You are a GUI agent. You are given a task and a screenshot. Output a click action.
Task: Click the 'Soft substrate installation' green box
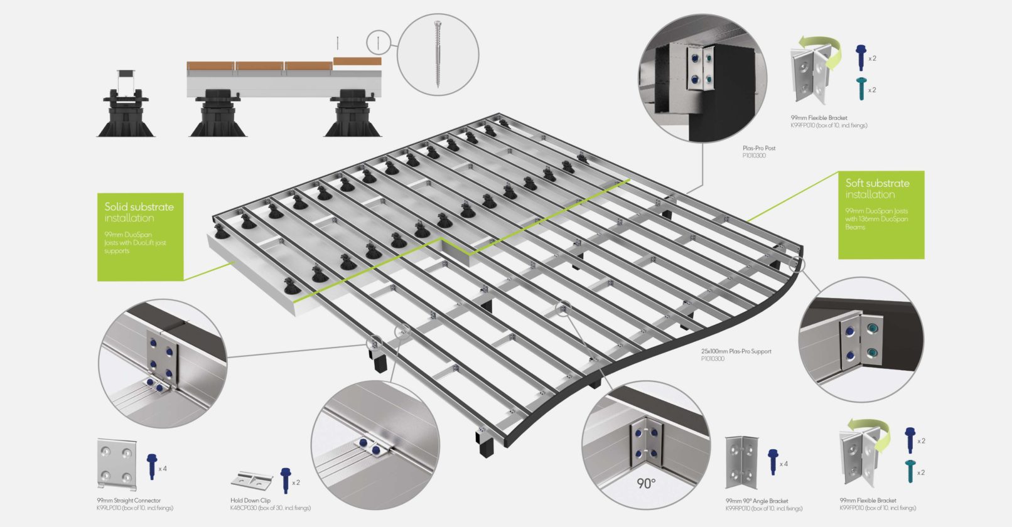[881, 214]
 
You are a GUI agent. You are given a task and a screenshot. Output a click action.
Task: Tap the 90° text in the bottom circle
[645, 483]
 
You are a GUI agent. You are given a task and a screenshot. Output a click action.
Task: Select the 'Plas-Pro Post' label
[758, 149]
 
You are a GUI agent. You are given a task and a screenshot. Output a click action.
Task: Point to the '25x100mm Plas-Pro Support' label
[736, 352]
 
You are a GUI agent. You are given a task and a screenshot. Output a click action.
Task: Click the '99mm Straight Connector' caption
[129, 501]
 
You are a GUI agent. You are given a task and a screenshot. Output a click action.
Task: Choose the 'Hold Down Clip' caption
[250, 501]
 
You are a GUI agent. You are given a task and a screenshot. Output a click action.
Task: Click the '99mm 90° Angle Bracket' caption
[756, 501]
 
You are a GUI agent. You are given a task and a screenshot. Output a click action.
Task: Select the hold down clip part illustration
[251, 481]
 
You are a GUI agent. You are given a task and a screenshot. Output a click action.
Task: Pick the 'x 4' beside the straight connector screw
[162, 469]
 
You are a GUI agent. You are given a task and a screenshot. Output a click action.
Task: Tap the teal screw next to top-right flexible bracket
[861, 88]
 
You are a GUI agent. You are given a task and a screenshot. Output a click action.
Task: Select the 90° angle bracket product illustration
[743, 463]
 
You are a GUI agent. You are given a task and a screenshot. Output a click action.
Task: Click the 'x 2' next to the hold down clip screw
[296, 482]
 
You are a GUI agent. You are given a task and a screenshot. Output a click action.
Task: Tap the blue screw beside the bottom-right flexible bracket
[910, 439]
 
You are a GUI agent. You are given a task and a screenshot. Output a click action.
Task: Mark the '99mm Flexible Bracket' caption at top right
[819, 118]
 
